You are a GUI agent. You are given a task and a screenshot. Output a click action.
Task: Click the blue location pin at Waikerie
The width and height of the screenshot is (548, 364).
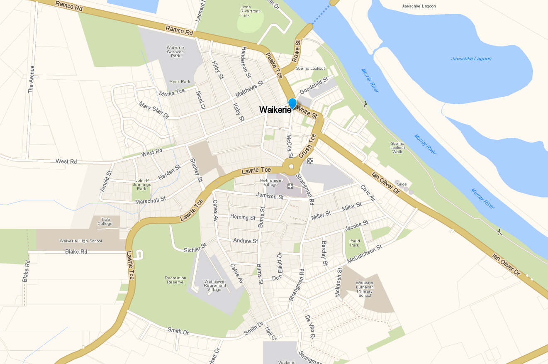pos(292,103)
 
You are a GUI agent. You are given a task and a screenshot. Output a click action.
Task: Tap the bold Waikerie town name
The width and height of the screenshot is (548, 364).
pos(275,110)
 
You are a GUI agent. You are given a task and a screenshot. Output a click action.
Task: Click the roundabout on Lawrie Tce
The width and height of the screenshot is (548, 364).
pos(291,167)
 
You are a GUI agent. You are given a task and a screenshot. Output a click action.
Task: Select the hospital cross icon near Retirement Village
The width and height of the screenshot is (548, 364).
pos(290,186)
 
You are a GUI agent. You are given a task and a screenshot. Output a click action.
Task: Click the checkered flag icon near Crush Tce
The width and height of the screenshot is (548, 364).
pos(310,161)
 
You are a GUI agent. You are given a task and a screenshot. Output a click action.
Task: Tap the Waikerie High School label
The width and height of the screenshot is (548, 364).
pos(80,241)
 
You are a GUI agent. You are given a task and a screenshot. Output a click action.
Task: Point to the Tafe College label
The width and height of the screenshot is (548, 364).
pos(105,221)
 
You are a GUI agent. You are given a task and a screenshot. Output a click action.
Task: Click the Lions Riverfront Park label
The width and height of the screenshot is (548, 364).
pos(250,11)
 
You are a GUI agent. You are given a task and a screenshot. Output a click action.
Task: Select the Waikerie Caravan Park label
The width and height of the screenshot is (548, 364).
pos(175,51)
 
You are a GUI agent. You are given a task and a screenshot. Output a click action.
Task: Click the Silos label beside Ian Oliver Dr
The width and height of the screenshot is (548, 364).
pos(402,184)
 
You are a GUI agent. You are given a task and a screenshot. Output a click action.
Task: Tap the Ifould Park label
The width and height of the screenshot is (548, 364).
pos(354,243)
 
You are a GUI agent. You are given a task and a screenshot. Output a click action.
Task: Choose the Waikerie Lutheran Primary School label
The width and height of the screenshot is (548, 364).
pos(365,289)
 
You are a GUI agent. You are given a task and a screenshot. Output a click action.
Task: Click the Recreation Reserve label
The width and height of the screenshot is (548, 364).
pos(175,280)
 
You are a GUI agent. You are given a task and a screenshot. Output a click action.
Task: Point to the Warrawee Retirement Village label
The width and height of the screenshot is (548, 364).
pos(215,285)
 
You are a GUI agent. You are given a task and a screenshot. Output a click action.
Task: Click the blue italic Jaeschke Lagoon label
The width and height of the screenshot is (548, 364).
pos(471,59)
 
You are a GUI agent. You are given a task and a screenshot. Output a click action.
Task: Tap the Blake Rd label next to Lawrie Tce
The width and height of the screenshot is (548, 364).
pos(76,252)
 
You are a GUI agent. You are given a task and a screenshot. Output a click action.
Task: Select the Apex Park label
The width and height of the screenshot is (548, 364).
pos(180,82)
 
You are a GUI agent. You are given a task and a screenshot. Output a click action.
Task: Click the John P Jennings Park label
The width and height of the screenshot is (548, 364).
pos(142,184)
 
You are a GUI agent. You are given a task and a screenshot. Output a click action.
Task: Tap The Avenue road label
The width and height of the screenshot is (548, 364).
pos(31,79)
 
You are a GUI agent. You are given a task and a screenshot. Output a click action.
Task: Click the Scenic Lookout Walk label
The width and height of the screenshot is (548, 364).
pos(397,147)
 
